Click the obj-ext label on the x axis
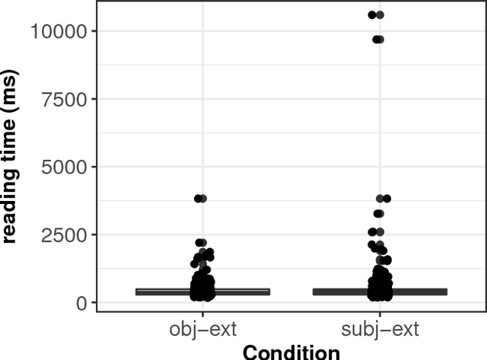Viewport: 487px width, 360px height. click(202, 331)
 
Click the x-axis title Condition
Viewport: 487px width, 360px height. click(291, 352)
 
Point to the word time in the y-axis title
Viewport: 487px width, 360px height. click(11, 139)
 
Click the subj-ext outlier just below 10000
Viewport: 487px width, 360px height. click(376, 39)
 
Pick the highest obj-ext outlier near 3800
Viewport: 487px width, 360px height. click(200, 199)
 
